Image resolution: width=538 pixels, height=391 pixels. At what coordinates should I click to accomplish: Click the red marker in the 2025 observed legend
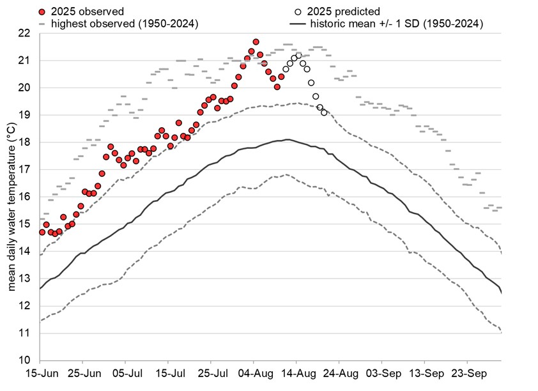[42, 11]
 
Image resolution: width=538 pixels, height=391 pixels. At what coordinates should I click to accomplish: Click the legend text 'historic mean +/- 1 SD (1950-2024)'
[396, 24]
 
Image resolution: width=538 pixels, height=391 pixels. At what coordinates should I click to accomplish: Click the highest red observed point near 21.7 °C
[256, 42]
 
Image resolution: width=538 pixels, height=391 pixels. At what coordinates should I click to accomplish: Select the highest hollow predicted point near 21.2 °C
[298, 56]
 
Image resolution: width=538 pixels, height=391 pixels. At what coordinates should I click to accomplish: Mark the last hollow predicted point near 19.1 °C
[324, 112]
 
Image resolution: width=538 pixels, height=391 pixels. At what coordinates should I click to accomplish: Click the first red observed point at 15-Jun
[42, 232]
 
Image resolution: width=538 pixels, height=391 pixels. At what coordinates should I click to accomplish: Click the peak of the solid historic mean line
[288, 139]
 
